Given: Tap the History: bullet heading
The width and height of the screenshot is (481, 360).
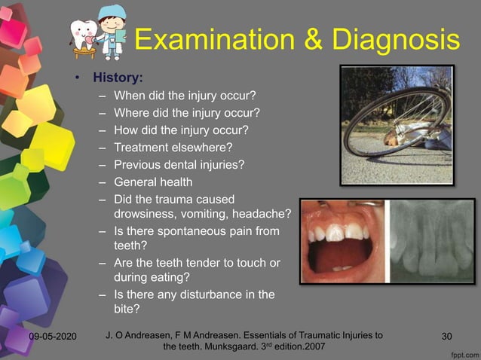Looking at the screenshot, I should pyautogui.click(x=118, y=77).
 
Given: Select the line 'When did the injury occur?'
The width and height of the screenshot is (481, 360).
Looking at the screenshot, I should pyautogui.click(x=185, y=96).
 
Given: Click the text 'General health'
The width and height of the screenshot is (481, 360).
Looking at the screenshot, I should pyautogui.click(x=153, y=182).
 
